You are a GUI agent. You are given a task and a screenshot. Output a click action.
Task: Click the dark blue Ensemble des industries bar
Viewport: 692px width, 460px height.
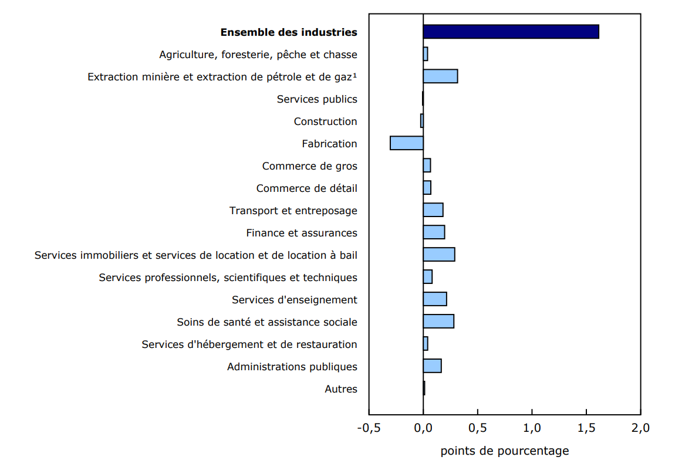pos(511,32)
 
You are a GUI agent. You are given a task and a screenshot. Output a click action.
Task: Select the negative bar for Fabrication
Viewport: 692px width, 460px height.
pos(407,143)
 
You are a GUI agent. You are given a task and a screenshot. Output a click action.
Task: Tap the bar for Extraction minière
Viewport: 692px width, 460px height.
pos(440,76)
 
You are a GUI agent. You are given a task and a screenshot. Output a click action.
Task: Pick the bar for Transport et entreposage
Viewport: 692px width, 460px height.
pos(433,210)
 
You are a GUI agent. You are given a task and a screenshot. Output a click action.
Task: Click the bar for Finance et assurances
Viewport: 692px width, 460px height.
pos(434,232)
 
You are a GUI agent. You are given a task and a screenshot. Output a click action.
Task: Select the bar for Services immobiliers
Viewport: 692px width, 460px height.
pos(439,255)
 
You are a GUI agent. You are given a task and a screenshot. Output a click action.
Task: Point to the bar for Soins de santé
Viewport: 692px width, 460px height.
pos(438,322)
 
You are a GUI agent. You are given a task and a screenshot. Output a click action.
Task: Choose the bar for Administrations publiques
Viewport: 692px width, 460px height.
pos(432,366)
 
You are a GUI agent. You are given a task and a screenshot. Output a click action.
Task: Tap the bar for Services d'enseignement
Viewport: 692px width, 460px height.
pos(435,299)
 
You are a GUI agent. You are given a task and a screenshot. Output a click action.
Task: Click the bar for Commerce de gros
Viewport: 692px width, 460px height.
pos(427,165)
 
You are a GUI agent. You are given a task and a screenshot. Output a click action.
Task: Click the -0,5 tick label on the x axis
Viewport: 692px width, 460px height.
pos(369,428)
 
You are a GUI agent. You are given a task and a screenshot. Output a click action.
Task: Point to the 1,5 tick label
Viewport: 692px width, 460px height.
pos(586,428)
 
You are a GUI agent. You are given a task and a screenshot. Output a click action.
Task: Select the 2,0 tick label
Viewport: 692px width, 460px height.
pos(640,428)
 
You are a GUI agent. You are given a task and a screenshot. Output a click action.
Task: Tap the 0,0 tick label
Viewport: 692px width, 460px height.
pos(423,428)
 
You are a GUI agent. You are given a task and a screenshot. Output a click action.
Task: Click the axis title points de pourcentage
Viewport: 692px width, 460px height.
pos(504,451)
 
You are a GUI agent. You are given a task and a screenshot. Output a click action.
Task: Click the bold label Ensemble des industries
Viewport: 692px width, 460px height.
pos(289,32)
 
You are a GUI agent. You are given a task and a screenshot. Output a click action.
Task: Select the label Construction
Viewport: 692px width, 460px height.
pos(325,121)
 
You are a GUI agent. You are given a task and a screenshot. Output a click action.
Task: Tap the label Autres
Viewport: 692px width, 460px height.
pos(340,389)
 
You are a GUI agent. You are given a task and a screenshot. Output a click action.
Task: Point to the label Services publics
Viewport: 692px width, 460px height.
pos(317,99)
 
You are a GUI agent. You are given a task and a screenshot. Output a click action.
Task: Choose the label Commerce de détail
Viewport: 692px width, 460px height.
pos(306,188)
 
